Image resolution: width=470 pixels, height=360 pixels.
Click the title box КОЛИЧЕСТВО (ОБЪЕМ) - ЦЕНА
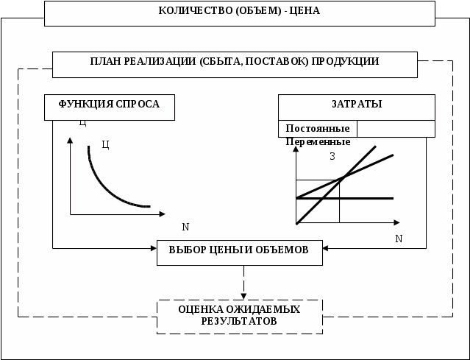tap(239, 13)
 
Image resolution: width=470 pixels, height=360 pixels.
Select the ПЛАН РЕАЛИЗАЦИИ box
tap(235, 64)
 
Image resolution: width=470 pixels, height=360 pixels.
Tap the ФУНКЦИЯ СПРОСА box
tap(110, 107)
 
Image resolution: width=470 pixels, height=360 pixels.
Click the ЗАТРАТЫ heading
tap(357, 105)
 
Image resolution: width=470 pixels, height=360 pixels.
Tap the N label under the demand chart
tap(185, 227)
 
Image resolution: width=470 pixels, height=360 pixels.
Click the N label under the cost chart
tap(399, 239)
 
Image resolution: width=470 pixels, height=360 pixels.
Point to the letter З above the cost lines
tap(332, 156)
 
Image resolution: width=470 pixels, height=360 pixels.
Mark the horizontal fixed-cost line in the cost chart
tap(368, 198)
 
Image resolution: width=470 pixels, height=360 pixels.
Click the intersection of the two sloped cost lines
tap(343, 177)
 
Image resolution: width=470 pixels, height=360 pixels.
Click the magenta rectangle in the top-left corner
tap(21, 8)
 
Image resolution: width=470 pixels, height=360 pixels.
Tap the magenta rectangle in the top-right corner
tap(452, 8)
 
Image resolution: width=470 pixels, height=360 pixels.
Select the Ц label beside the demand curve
tap(105, 144)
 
